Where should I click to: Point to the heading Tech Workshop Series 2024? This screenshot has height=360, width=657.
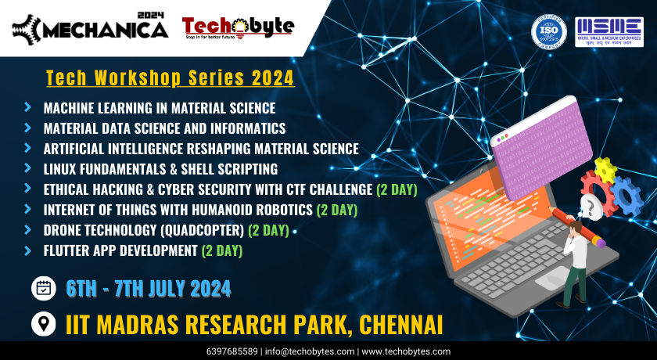point(171,78)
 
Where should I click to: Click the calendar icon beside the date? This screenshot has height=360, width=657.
point(44,288)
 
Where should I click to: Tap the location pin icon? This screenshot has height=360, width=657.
point(44,322)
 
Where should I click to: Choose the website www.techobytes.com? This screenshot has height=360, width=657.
point(405,351)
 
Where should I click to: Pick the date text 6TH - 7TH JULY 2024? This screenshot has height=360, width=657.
point(149,288)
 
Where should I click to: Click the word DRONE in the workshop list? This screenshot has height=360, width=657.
point(64,230)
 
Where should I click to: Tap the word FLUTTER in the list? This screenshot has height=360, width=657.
point(69,250)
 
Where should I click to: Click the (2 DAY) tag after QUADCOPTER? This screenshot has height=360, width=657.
point(268,230)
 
